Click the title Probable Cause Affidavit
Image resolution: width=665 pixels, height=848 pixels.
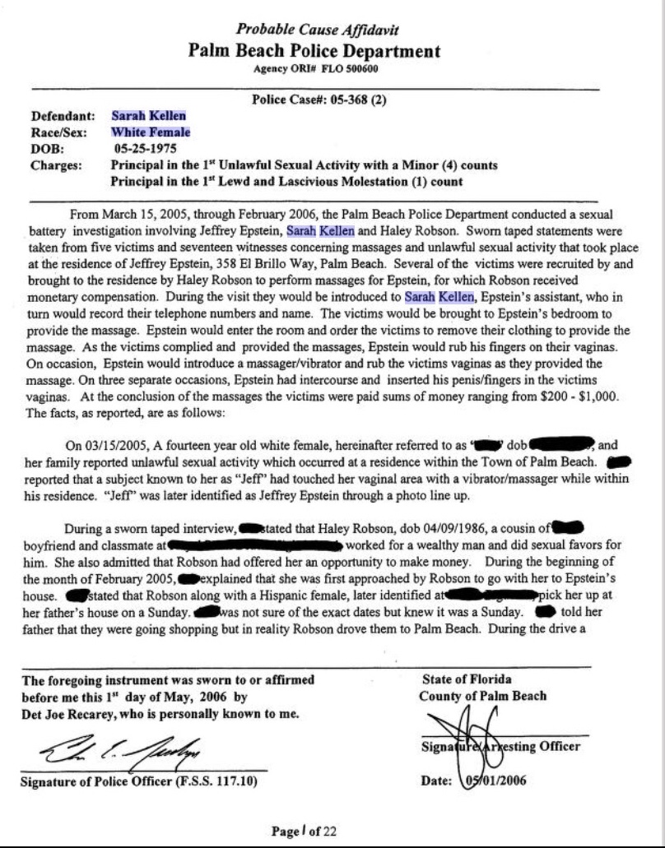point(317,30)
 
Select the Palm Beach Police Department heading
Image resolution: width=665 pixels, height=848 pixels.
point(314,50)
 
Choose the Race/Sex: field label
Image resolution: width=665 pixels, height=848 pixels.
point(60,132)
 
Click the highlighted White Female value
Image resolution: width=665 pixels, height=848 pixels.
point(151,132)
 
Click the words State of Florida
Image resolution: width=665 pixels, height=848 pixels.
point(466,679)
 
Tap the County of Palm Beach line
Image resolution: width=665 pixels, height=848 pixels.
point(483,696)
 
